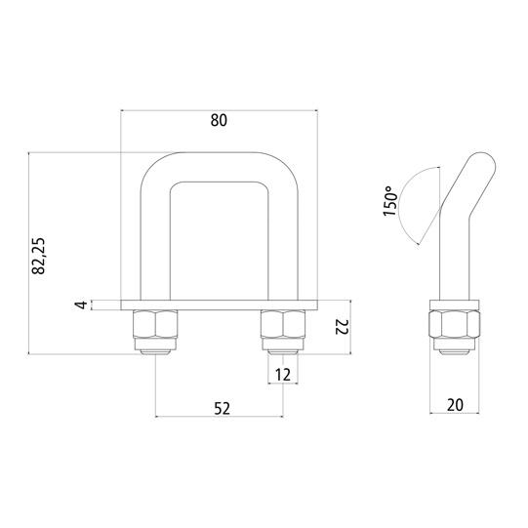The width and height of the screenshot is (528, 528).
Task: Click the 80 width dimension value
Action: click(219, 120)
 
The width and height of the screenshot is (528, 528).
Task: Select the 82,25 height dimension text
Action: click(38, 256)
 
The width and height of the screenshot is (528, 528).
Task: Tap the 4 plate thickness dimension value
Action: click(81, 305)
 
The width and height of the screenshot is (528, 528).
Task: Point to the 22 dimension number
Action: click(342, 327)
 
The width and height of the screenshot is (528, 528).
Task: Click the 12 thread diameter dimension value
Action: click(283, 375)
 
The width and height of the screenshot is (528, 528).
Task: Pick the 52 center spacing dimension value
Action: click(222, 408)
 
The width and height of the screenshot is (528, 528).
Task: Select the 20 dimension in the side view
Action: click(455, 405)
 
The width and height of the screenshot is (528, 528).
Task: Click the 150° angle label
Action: click(390, 201)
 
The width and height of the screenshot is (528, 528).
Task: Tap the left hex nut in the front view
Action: click(155, 324)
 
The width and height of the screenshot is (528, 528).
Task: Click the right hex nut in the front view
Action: click(283, 324)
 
